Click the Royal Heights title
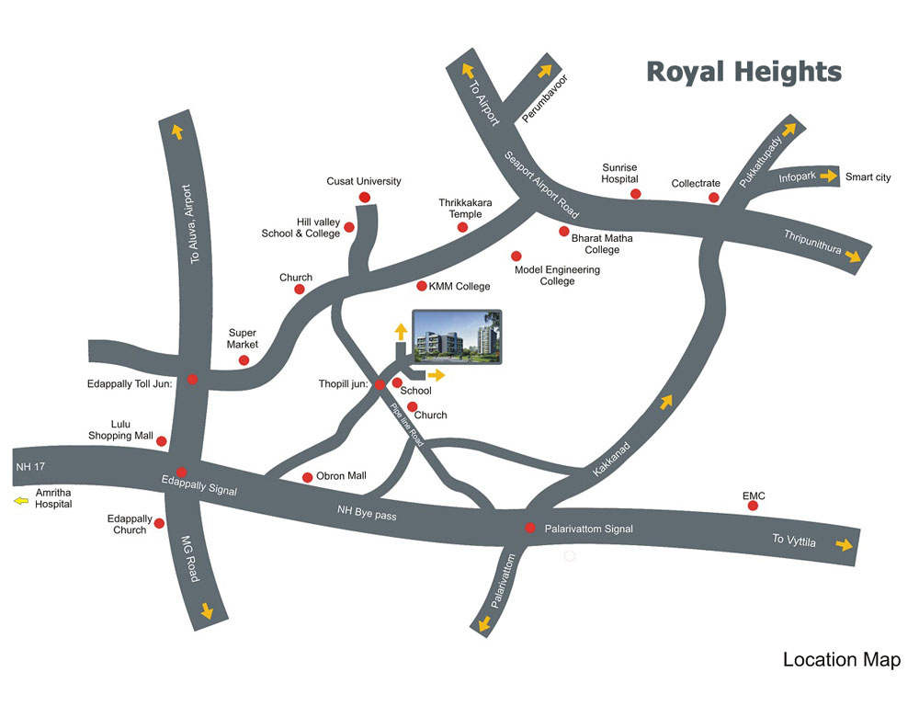[743, 72]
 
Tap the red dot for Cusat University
[364, 198]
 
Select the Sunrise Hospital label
[619, 174]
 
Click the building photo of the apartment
[457, 337]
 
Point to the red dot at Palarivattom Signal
[529, 528]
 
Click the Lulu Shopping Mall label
[120, 429]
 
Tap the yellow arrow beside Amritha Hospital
[20, 501]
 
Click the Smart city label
[868, 177]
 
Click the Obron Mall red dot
[307, 477]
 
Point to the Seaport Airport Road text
[541, 184]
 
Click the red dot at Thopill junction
[380, 385]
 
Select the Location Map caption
[841, 660]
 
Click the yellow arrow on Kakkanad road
[666, 402]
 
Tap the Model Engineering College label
[557, 276]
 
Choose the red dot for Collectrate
[714, 198]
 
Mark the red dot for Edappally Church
[160, 524]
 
